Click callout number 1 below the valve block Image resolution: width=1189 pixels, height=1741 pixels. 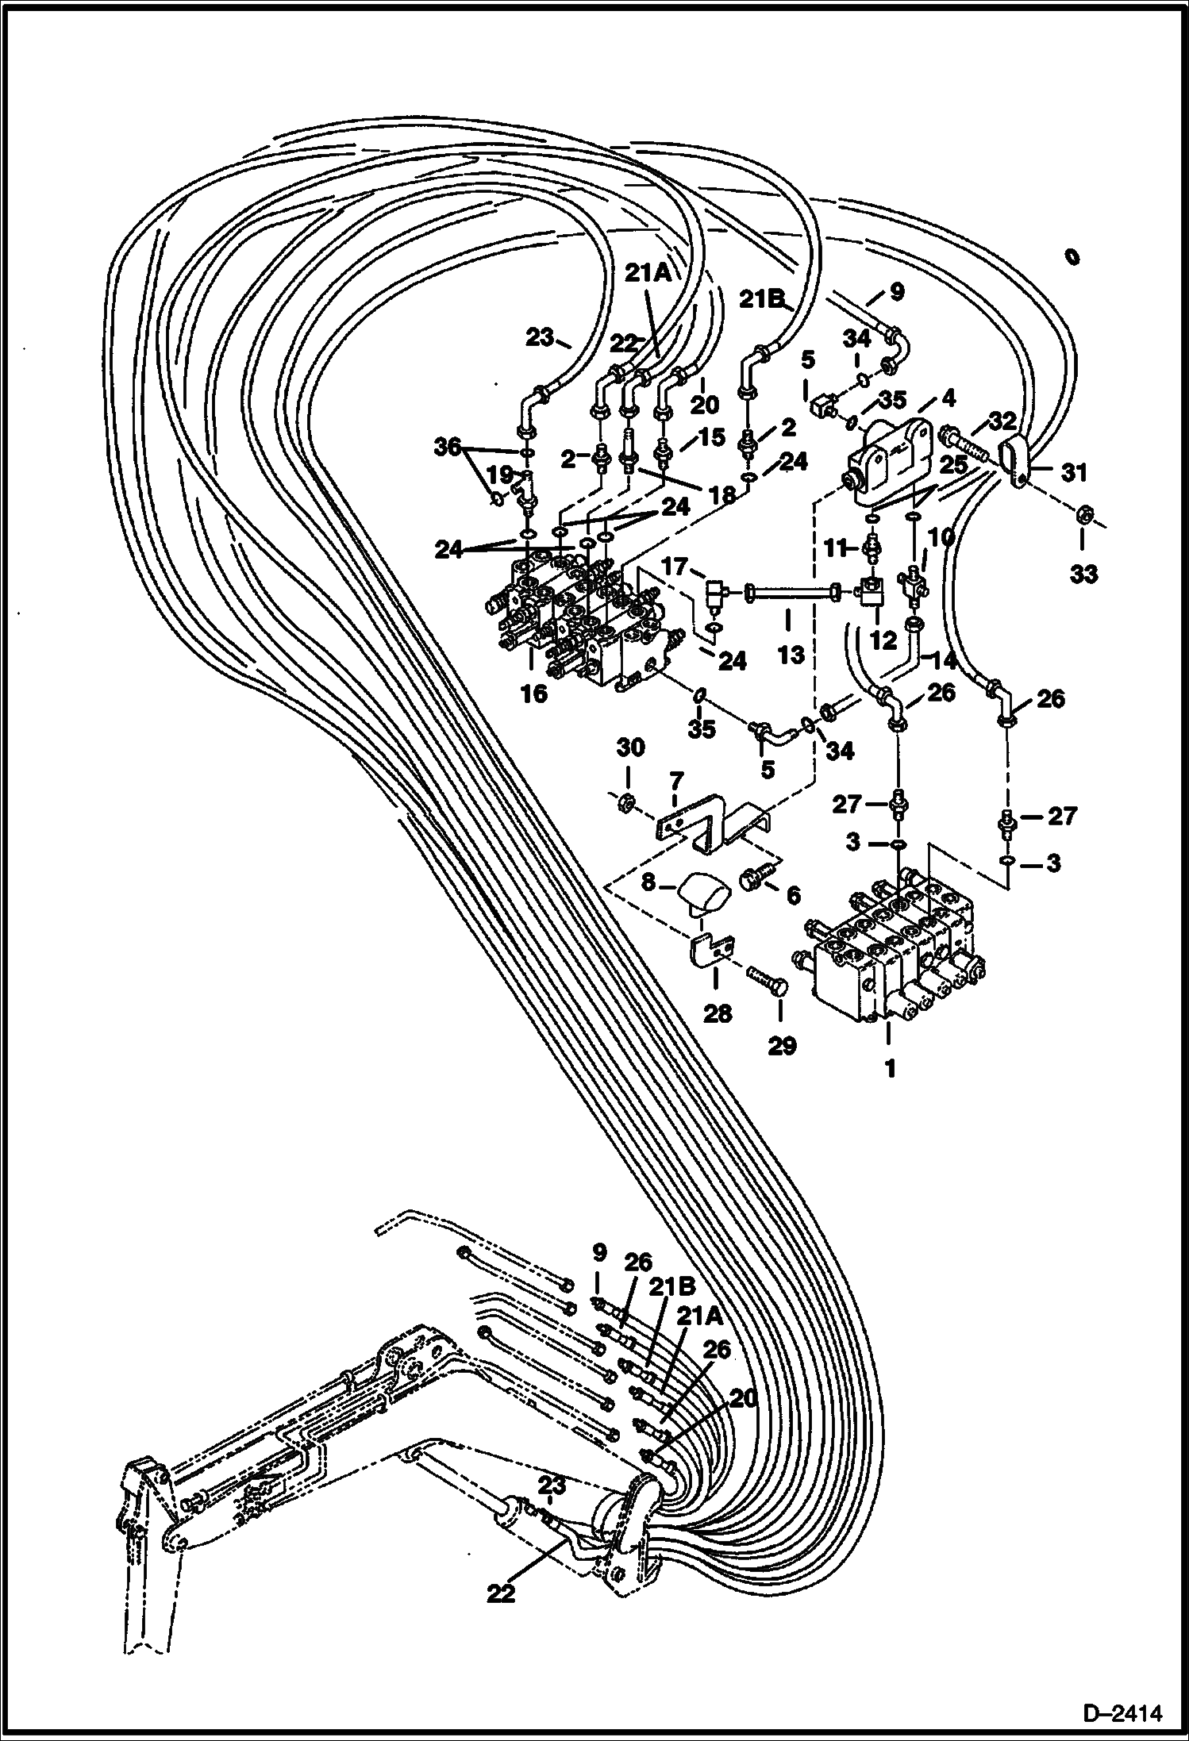(890, 1068)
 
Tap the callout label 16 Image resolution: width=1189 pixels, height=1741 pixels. (534, 694)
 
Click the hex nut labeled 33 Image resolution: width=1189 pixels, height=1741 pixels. (1083, 517)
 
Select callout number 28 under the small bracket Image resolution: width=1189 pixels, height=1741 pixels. (718, 1013)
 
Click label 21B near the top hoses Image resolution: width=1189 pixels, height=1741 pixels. (763, 300)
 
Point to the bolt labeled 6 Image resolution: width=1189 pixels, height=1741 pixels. (752, 878)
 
